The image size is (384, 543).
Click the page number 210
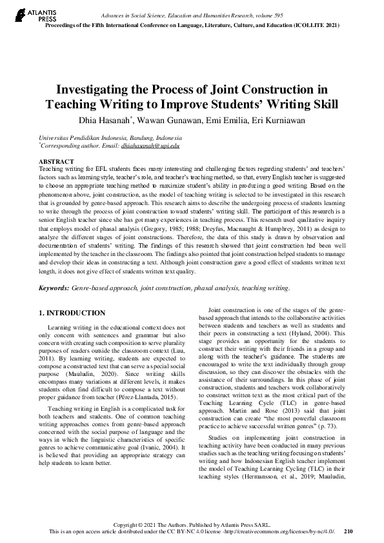(x=349, y=531)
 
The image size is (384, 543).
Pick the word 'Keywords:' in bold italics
(x=55, y=288)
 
